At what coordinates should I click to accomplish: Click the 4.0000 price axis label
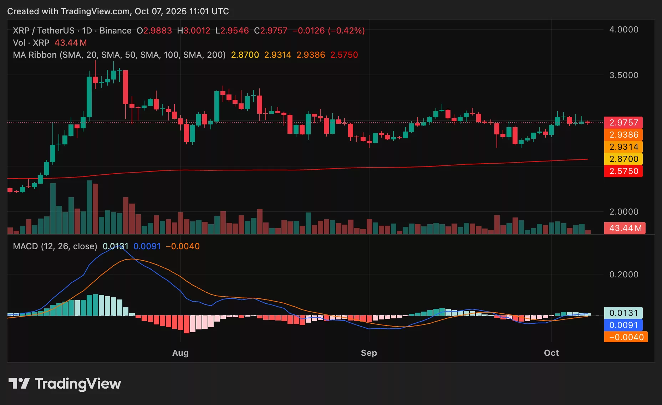click(x=623, y=30)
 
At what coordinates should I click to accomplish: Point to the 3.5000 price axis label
click(x=623, y=75)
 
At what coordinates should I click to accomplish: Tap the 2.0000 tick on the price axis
click(x=623, y=212)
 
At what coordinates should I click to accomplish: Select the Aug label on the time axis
click(x=180, y=353)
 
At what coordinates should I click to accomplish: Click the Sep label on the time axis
click(x=369, y=353)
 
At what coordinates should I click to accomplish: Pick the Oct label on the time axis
click(x=551, y=353)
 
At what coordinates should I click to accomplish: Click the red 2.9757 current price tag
click(x=623, y=123)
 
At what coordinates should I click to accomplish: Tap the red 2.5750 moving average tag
click(x=623, y=171)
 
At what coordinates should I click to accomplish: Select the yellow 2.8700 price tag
click(x=623, y=159)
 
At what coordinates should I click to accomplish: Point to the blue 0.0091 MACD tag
click(x=623, y=325)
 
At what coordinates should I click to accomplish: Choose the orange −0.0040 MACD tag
click(x=626, y=337)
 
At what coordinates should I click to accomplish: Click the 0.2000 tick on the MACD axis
click(x=623, y=275)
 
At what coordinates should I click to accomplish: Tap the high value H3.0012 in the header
click(x=194, y=31)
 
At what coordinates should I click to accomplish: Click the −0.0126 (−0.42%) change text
click(x=329, y=31)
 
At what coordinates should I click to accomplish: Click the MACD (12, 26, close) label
click(x=55, y=246)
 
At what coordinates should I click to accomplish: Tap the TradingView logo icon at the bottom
click(x=19, y=384)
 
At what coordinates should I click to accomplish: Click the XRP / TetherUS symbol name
click(x=44, y=31)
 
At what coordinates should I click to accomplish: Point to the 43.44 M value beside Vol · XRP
click(x=71, y=43)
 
